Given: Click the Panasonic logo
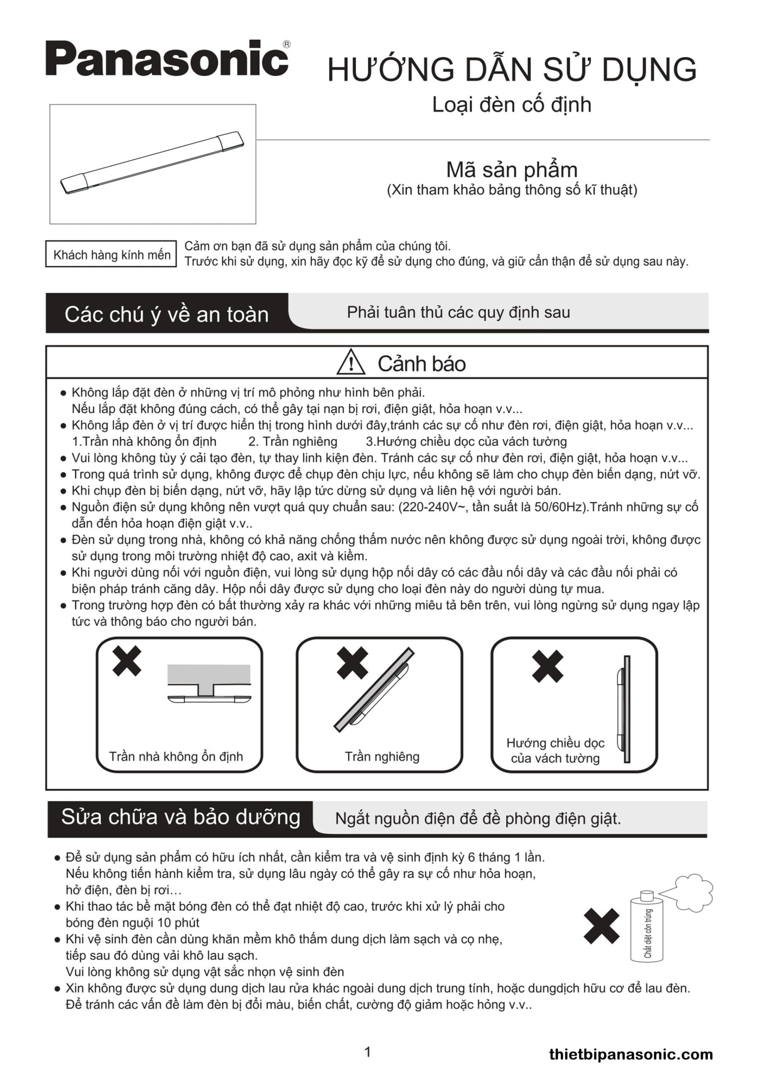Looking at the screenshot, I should click(x=167, y=58).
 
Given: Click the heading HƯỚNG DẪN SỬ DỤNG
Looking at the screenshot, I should click(x=512, y=70).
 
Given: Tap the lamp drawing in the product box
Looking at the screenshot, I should click(x=152, y=163).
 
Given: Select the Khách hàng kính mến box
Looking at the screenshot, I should click(x=111, y=254).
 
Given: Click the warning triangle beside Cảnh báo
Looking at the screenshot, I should click(x=350, y=362).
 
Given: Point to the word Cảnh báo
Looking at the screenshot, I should click(x=422, y=364).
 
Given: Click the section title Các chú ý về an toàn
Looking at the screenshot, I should click(x=167, y=314).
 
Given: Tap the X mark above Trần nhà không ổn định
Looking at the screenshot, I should click(x=127, y=661).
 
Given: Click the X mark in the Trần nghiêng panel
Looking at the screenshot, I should click(x=352, y=662).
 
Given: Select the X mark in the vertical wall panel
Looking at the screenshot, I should click(x=547, y=666).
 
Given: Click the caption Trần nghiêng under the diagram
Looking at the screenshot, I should click(x=382, y=757).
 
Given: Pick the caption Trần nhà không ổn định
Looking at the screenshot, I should click(x=176, y=757).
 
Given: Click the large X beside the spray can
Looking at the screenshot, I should click(x=601, y=926).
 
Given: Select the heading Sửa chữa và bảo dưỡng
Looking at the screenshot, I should click(x=181, y=817).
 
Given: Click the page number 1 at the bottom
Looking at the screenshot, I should click(x=367, y=1052).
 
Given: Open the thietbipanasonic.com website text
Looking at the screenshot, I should click(x=631, y=1054).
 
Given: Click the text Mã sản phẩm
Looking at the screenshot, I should click(x=512, y=169).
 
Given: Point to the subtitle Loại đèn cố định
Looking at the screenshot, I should click(x=512, y=105).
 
